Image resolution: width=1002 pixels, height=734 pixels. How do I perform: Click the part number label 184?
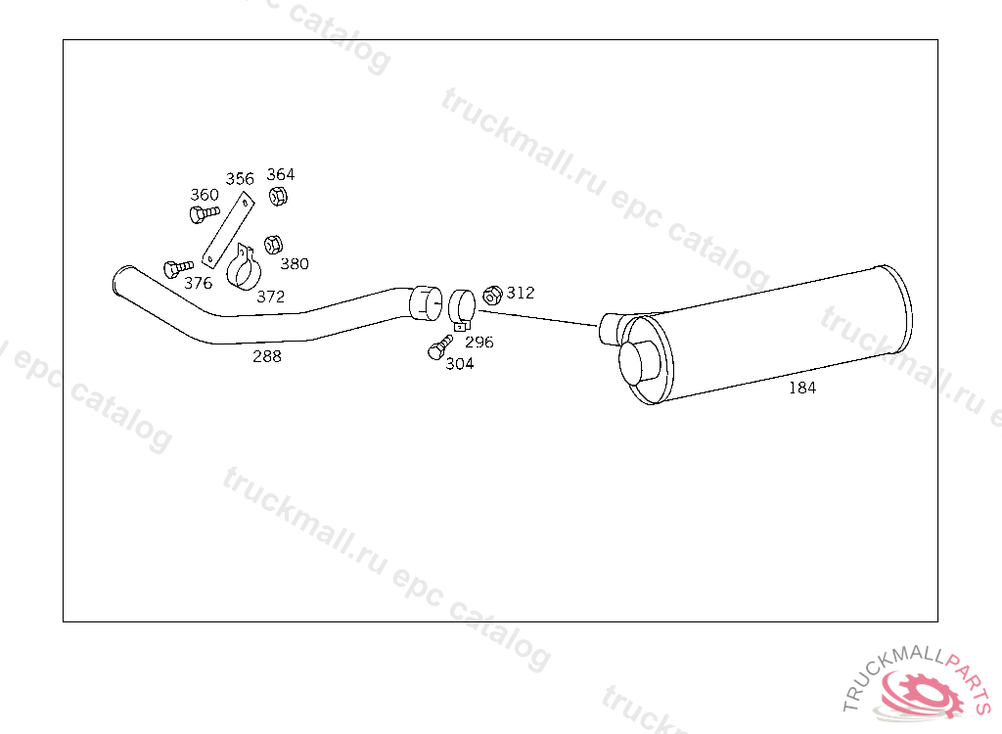[802, 388]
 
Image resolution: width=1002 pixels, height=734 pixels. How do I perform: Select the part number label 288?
[266, 356]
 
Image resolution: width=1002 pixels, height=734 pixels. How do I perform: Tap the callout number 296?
[479, 343]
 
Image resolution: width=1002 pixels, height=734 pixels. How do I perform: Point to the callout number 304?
[460, 364]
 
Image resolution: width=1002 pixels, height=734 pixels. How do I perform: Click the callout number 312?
[521, 293]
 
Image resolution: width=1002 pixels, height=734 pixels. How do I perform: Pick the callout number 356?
[240, 178]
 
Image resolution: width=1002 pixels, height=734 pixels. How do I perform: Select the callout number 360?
[205, 195]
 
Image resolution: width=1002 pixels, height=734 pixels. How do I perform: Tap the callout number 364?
[281, 174]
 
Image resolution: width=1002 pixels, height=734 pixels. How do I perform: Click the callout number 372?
[270, 297]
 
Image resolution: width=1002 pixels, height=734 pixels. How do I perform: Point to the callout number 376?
[198, 283]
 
